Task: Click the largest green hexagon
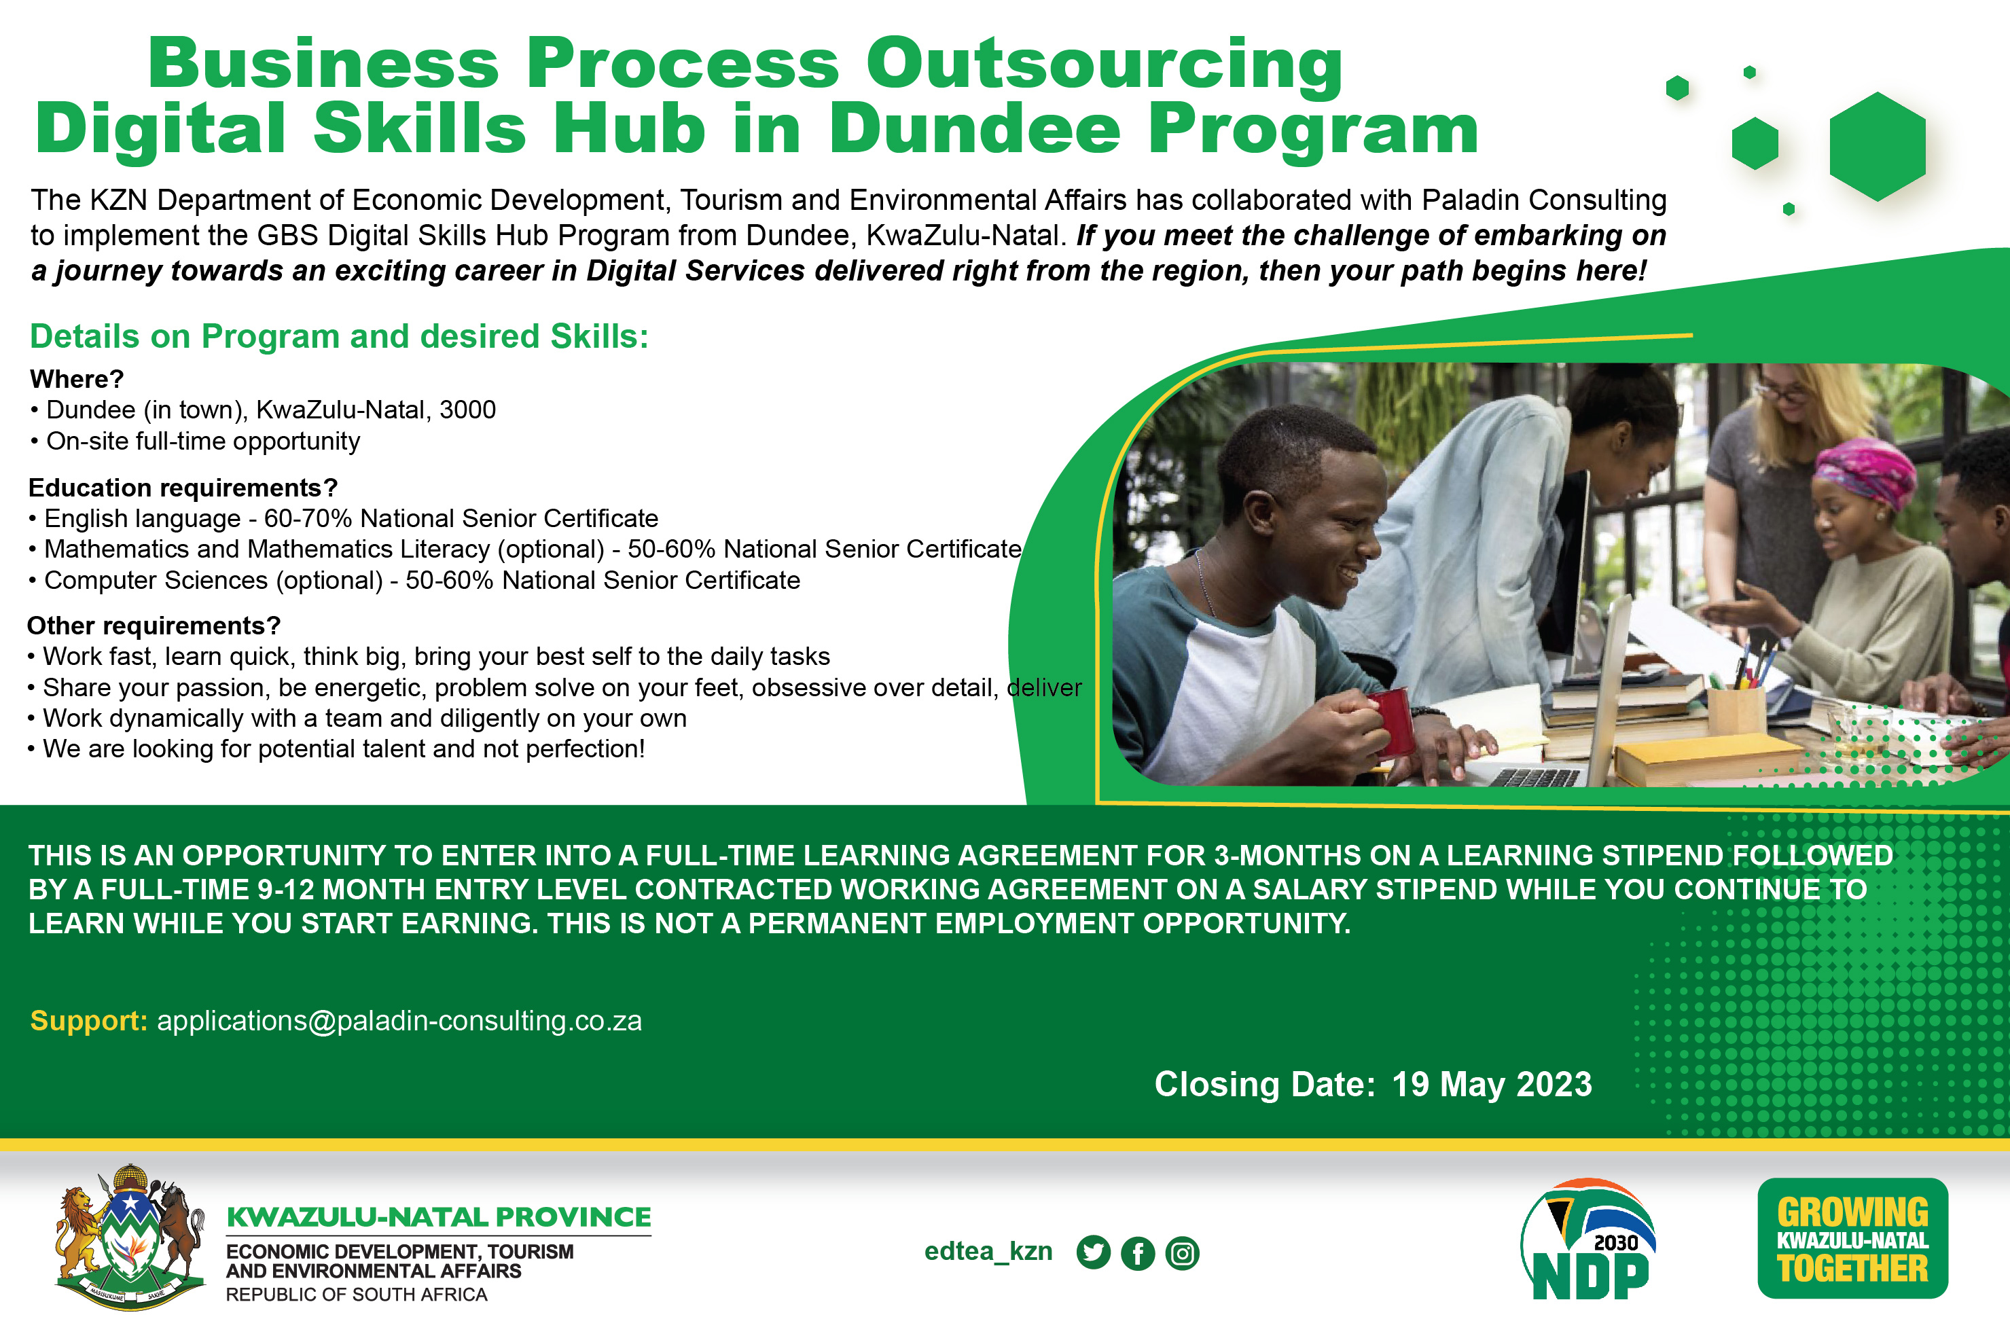[1877, 147]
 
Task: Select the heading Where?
[77, 379]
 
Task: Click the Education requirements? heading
[183, 488]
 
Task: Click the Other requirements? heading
[154, 626]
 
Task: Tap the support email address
[399, 1021]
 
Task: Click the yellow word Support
[88, 1021]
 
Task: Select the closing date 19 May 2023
[1492, 1085]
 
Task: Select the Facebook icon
[1138, 1253]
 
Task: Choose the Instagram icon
[1183, 1253]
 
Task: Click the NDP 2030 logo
[1588, 1240]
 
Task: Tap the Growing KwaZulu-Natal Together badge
[1852, 1238]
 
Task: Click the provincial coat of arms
[130, 1236]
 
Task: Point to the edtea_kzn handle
[988, 1252]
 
